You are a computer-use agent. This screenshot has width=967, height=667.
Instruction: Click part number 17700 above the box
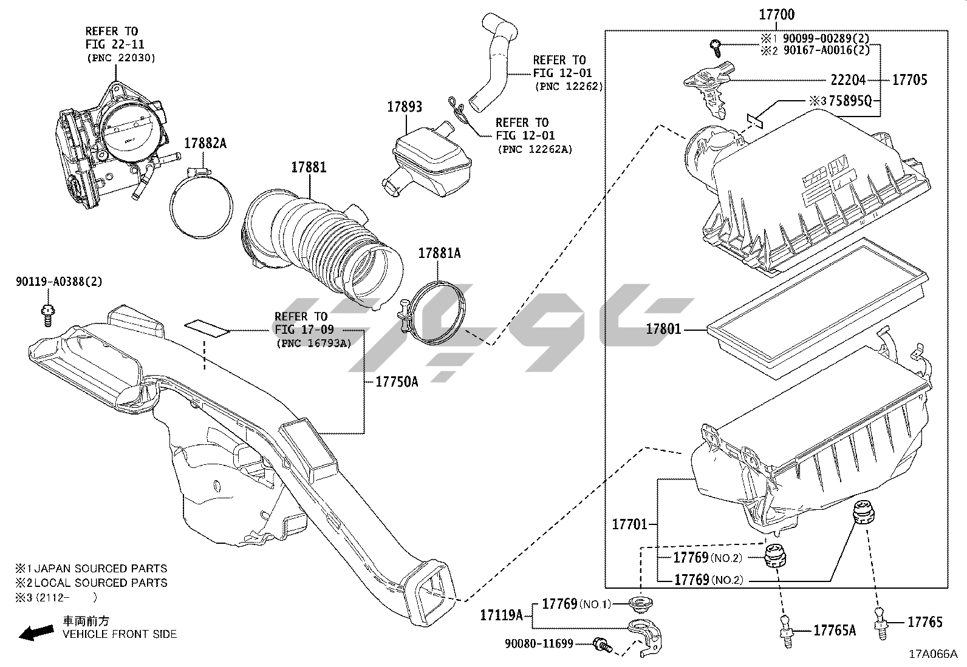[x=776, y=15]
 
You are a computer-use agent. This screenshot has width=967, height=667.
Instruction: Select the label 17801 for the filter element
[x=663, y=330]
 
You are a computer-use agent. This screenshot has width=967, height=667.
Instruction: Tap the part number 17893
[x=405, y=107]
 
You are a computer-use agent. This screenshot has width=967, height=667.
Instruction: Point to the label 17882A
[x=205, y=143]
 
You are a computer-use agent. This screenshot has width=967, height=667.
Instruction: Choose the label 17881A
[x=439, y=253]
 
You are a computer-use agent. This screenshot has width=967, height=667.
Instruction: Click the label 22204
[x=848, y=80]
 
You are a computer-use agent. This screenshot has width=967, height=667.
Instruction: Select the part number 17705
[x=909, y=80]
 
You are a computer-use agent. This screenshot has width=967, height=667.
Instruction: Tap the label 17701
[x=630, y=524]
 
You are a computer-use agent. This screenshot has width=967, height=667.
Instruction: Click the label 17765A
[x=835, y=631]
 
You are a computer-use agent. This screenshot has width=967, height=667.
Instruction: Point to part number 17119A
[x=501, y=615]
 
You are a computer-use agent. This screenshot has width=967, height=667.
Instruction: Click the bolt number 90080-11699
[x=539, y=643]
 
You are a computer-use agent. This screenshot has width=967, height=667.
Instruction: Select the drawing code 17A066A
[x=932, y=654]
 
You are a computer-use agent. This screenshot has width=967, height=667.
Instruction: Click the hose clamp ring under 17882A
[x=200, y=206]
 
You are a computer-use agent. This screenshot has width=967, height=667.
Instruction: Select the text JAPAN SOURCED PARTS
[x=100, y=569]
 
